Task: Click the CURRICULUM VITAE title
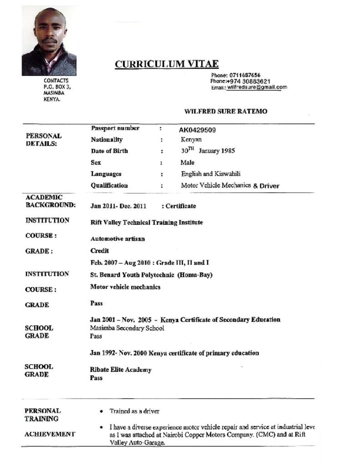[x=166, y=64]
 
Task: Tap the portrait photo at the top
[x=49, y=41]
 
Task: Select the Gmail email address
[x=257, y=87]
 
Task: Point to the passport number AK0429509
[x=197, y=130]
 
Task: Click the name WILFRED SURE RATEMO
[x=225, y=111]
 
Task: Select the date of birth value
[x=208, y=151]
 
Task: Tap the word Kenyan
[x=191, y=140]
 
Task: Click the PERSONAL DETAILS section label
[x=43, y=140]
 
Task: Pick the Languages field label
[x=106, y=174]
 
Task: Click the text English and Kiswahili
[x=211, y=174]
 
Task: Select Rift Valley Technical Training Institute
[x=147, y=223]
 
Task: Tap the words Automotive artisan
[x=117, y=238]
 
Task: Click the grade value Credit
[x=100, y=251]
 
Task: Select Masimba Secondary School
[x=127, y=328]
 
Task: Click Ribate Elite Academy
[x=121, y=370]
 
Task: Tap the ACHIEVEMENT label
[x=50, y=434]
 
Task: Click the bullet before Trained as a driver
[x=101, y=411]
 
